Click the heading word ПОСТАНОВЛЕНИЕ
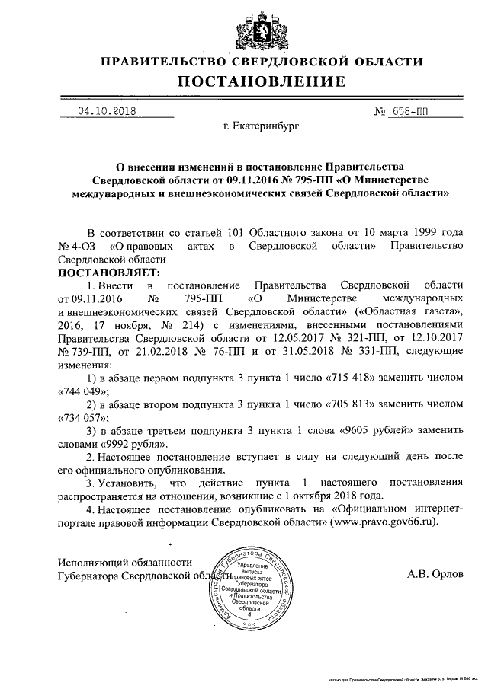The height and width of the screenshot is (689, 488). (262, 81)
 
